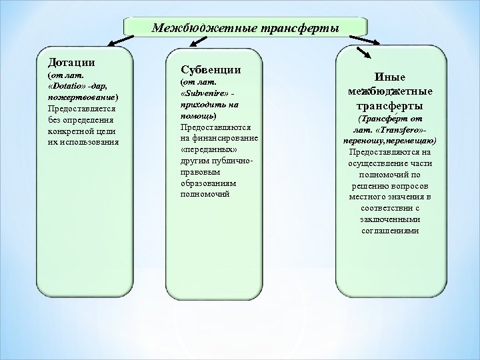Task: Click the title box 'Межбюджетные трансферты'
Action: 245,29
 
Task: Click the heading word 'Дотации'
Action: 70,62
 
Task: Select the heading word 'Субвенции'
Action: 211,69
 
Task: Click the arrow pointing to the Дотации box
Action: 118,41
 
